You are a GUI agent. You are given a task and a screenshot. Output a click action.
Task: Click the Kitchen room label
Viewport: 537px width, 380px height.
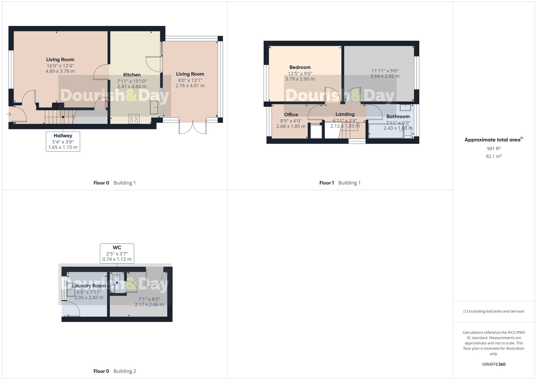[132, 75]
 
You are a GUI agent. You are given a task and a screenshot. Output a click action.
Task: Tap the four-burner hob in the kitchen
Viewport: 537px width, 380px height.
[134, 119]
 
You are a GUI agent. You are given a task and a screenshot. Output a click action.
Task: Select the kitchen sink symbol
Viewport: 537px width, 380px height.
[154, 107]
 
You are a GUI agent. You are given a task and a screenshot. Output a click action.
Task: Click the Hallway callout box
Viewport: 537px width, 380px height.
[63, 142]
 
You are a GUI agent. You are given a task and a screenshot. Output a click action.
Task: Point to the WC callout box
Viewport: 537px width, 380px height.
[117, 253]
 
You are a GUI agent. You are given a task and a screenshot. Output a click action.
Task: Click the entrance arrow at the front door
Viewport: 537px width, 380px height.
[9, 114]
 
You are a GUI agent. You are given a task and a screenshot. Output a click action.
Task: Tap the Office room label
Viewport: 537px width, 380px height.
[291, 115]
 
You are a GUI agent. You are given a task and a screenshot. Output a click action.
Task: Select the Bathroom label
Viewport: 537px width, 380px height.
[398, 117]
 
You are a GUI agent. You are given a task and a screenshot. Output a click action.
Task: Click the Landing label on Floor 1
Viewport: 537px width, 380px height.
[345, 114]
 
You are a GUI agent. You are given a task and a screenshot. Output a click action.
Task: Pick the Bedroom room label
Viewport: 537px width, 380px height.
[300, 67]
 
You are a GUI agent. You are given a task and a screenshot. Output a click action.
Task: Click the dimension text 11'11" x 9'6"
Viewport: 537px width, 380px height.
[385, 71]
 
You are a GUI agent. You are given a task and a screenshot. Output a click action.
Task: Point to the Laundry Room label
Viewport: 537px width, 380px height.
[89, 286]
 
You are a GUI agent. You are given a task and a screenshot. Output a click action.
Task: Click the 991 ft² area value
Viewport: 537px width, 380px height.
[494, 149]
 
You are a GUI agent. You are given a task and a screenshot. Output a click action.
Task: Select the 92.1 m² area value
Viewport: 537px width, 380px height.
[494, 156]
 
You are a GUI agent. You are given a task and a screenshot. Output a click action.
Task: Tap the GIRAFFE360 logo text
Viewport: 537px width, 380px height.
[494, 364]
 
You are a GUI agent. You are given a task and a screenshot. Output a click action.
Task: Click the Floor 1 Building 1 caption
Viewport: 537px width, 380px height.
[340, 183]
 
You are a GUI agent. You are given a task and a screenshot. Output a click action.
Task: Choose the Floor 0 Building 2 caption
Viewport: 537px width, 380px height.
[115, 371]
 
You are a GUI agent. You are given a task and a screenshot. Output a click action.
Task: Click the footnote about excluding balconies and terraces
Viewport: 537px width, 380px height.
[494, 312]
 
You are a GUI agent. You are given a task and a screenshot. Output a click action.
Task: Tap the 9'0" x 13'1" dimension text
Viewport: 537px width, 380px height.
[190, 80]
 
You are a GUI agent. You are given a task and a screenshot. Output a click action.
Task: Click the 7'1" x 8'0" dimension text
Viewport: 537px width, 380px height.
[149, 299]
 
